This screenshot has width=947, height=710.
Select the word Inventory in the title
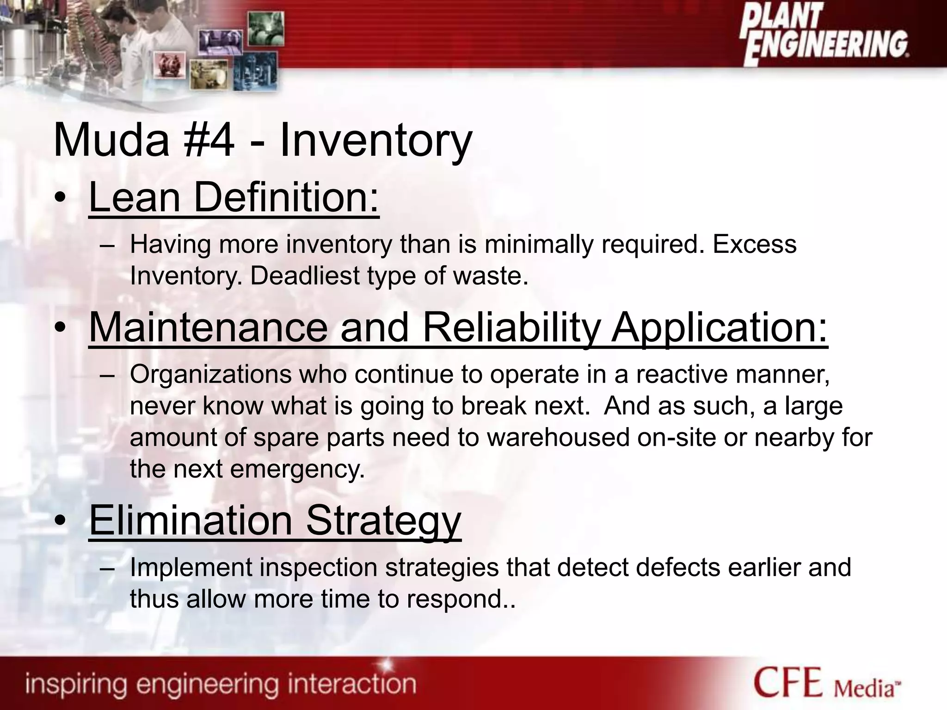375,141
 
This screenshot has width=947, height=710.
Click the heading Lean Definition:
234,198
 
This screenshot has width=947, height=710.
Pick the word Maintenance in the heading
208,327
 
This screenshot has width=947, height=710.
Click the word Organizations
211,374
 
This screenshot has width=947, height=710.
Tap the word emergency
297,470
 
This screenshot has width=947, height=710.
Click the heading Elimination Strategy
275,521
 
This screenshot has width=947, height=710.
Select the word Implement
191,568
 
